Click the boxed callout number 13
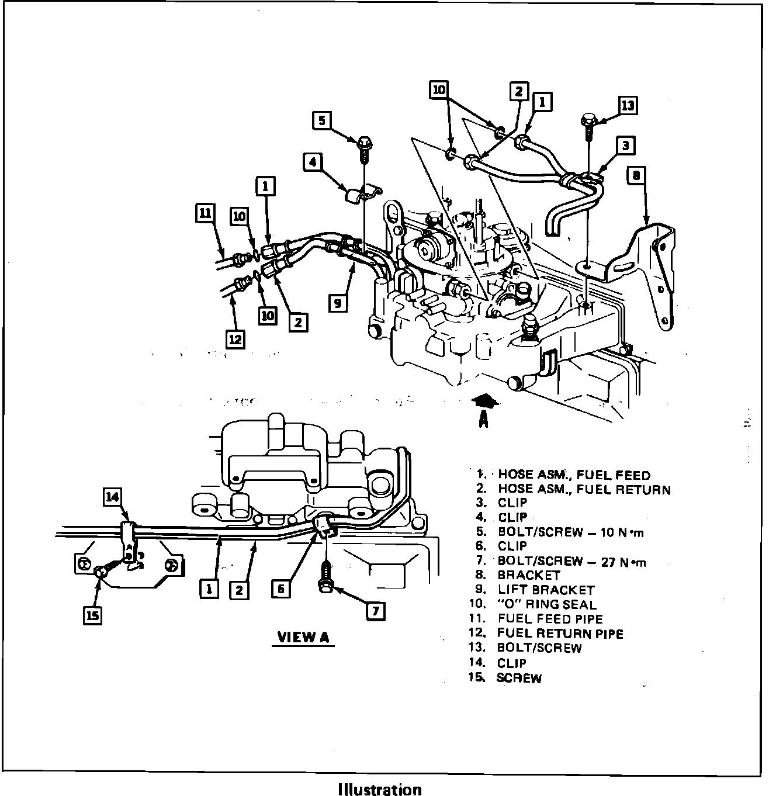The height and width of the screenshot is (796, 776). (628, 106)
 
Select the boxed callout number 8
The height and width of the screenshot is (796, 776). (637, 175)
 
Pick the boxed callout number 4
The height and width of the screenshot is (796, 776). (313, 161)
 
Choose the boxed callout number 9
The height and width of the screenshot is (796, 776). (337, 303)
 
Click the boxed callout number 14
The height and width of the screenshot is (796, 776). (113, 497)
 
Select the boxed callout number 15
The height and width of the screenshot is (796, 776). (93, 614)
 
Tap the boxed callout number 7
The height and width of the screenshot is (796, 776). (375, 611)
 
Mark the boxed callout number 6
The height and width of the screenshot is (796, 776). (281, 589)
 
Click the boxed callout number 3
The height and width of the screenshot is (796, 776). (625, 145)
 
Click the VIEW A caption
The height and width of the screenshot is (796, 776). (303, 636)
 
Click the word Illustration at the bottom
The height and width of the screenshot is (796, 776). (380, 790)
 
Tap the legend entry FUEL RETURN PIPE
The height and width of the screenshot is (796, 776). (560, 634)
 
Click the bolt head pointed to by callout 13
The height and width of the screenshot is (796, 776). (587, 122)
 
